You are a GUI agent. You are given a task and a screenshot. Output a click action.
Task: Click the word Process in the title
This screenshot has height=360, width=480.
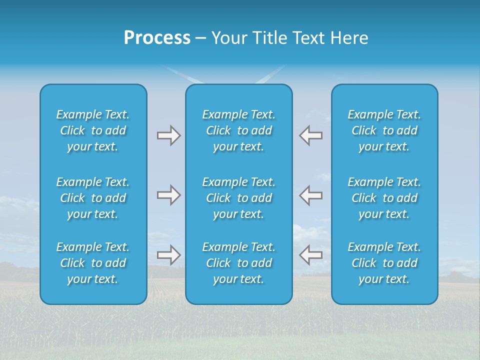tap(157, 38)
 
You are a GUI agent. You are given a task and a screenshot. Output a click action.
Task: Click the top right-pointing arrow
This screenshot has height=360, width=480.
tap(168, 135)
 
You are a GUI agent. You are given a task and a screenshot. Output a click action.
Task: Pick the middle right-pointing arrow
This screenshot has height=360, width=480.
tap(168, 195)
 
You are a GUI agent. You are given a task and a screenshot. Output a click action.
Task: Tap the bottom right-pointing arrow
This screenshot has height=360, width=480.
tap(168, 255)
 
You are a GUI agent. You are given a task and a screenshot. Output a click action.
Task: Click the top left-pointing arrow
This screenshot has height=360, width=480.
tap(310, 135)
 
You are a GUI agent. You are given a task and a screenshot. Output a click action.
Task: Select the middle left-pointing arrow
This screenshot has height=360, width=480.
tap(310, 195)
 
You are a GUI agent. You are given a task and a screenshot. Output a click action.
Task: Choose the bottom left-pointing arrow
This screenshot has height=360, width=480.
tap(310, 255)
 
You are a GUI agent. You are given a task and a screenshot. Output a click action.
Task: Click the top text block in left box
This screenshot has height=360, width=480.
tap(93, 130)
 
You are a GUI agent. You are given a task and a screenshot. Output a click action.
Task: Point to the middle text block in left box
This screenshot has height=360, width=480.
tap(93, 198)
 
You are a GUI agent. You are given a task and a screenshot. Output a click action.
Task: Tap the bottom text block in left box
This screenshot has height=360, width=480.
tap(93, 263)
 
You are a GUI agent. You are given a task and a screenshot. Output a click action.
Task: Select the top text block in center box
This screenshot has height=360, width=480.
tap(238, 130)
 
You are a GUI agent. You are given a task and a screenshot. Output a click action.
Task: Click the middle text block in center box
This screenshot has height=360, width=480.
tap(238, 198)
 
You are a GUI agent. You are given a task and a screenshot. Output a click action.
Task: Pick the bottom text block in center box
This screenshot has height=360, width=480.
tap(238, 263)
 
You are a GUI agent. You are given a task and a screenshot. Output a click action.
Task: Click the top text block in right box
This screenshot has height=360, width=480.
tap(384, 130)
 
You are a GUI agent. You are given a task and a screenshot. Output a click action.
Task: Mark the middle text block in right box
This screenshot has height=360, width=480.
tap(384, 198)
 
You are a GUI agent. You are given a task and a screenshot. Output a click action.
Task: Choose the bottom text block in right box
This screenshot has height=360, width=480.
tap(384, 263)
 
